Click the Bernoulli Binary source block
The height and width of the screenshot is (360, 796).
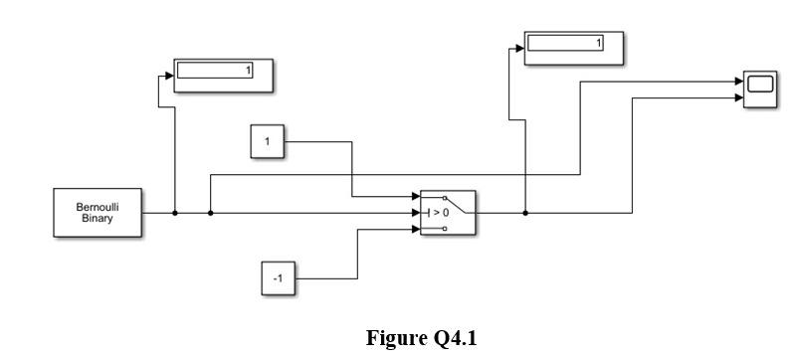tap(97, 213)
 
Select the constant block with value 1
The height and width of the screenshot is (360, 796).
tap(267, 142)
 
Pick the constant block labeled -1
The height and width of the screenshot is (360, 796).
tap(278, 279)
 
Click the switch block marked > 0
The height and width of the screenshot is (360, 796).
tap(448, 213)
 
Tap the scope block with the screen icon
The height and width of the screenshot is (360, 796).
tap(761, 90)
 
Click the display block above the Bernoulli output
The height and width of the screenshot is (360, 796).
tap(223, 76)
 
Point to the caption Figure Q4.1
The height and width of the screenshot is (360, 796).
tap(421, 339)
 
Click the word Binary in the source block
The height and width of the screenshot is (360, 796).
tap(97, 219)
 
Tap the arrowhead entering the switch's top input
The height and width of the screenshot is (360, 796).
tap(415, 197)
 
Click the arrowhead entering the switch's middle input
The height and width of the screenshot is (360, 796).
tap(415, 213)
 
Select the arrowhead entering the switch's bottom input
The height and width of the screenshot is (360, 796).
tap(415, 229)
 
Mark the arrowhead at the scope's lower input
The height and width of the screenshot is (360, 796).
tap(738, 98)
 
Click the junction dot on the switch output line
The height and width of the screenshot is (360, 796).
tap(525, 213)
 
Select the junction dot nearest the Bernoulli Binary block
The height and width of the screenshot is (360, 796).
tap(175, 213)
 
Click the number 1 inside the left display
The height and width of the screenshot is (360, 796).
tap(249, 71)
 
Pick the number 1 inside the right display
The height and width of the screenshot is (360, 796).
tap(598, 43)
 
